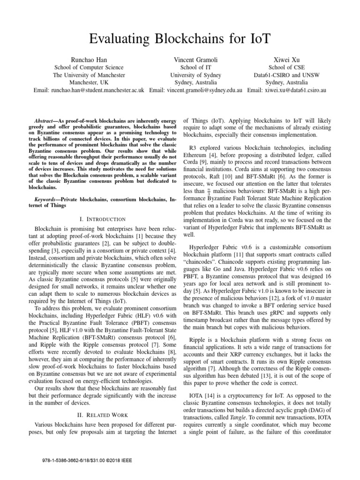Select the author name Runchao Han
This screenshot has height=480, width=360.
tap(89, 60)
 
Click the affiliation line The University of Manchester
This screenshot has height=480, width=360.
tap(89, 75)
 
